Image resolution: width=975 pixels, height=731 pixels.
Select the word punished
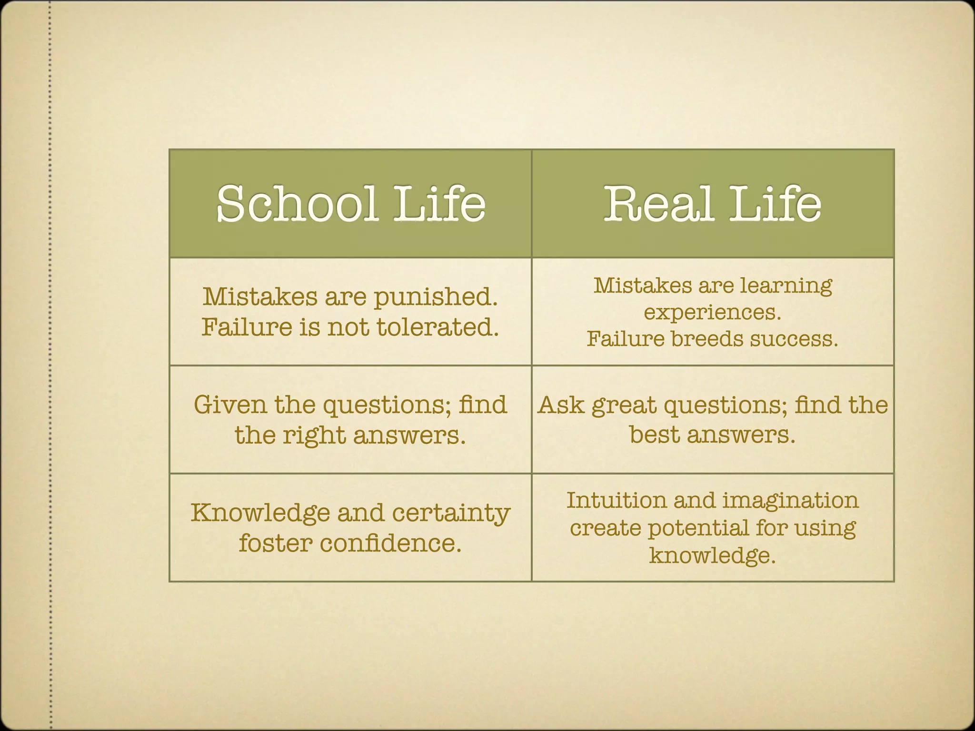(436, 297)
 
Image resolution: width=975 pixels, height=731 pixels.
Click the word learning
(786, 286)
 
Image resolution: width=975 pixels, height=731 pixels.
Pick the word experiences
(712, 313)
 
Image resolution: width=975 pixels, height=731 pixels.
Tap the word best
(654, 435)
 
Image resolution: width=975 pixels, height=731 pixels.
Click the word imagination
(790, 501)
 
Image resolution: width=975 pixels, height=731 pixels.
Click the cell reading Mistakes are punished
(350, 312)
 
